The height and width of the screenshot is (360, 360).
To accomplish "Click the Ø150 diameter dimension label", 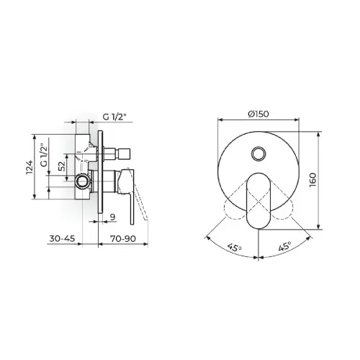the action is pyautogui.click(x=258, y=114).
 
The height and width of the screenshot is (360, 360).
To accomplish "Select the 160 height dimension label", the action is pyautogui.click(x=312, y=180).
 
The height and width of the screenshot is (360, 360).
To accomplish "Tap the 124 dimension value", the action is pyautogui.click(x=29, y=167).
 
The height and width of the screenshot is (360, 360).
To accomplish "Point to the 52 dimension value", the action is pyautogui.click(x=62, y=166).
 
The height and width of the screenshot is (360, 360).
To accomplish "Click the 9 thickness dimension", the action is pyautogui.click(x=112, y=217).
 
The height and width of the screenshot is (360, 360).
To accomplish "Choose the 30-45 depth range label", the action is pyautogui.click(x=62, y=238).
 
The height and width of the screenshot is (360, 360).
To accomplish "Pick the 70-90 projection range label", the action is pyautogui.click(x=123, y=238).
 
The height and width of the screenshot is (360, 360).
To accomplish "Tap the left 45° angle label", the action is pyautogui.click(x=235, y=247).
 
